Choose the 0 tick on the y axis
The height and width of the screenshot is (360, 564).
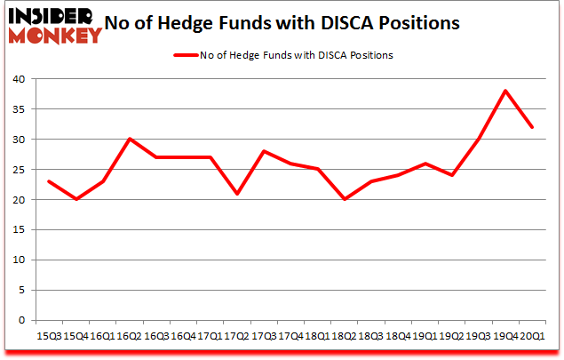pyautogui.click(x=22, y=321)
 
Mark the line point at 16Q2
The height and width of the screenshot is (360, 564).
pyautogui.click(x=129, y=139)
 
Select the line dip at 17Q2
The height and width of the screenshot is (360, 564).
pyautogui.click(x=236, y=194)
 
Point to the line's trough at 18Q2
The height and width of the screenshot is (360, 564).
pyautogui.click(x=345, y=199)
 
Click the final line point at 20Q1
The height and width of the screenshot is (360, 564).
pyautogui.click(x=533, y=127)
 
